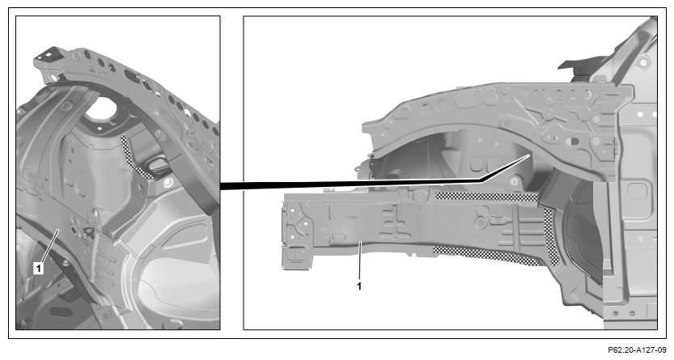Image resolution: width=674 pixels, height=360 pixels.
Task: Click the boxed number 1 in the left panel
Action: tap(39, 268)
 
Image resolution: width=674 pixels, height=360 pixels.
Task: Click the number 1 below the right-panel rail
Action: tap(359, 286)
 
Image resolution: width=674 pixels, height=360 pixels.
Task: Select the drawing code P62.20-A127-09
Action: tap(637, 350)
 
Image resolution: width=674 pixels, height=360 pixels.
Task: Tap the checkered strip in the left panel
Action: tap(135, 156)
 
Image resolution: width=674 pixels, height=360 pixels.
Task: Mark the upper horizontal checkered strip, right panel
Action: tap(486, 197)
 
